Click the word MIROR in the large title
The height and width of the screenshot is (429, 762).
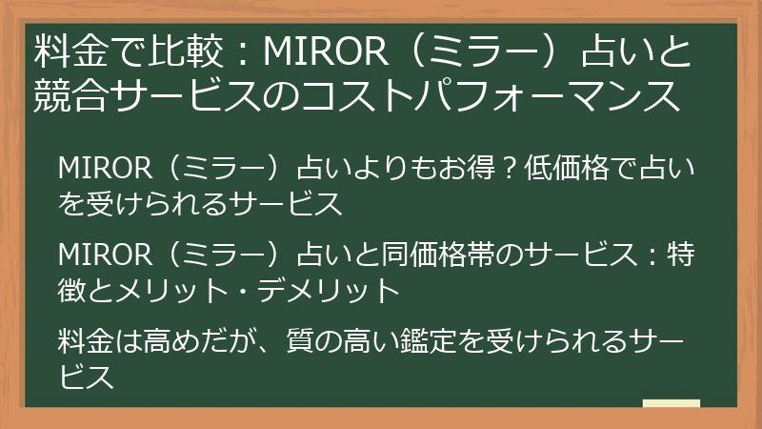point(326,51)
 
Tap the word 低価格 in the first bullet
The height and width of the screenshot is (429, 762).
point(567,168)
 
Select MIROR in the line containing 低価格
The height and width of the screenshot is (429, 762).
point(105,169)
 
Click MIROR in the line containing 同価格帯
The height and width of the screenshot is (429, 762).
point(105,255)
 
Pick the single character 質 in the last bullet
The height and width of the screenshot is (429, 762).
point(300,341)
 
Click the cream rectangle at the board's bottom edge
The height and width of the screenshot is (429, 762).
point(672,403)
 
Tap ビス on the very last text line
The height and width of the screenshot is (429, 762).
point(87,377)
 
